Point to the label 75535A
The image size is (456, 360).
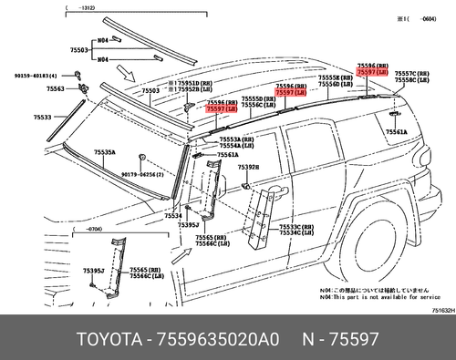point(107,152)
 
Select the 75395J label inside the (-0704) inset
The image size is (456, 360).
point(93,271)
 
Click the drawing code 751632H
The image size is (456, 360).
point(442,310)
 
